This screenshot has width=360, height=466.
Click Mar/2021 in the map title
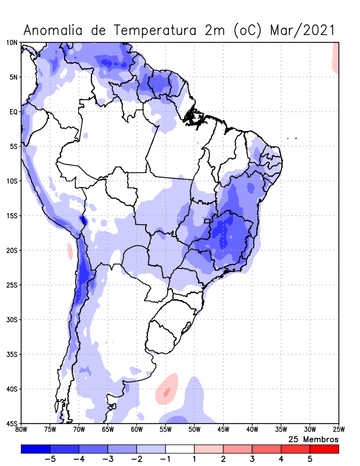[x=303, y=30]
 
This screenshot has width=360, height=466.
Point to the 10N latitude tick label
[x=12, y=43]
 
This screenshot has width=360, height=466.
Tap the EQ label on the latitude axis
[x=13, y=112]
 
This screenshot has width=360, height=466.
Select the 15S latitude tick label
[x=12, y=216]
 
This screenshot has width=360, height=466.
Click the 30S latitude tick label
[x=12, y=320]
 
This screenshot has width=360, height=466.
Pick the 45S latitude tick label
[x=12, y=423]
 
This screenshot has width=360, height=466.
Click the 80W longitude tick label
[x=22, y=430]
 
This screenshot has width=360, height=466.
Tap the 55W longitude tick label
[x=165, y=430]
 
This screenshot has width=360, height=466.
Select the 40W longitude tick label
[x=252, y=430]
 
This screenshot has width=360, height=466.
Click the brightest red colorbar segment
[x=324, y=449]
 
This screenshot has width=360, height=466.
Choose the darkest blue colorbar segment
[x=36, y=449]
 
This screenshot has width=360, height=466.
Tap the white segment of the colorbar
[x=180, y=449]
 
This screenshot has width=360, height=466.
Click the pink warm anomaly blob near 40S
[x=168, y=389]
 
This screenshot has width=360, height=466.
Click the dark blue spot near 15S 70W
[x=83, y=220]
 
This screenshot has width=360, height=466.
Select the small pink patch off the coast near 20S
[x=70, y=252]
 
